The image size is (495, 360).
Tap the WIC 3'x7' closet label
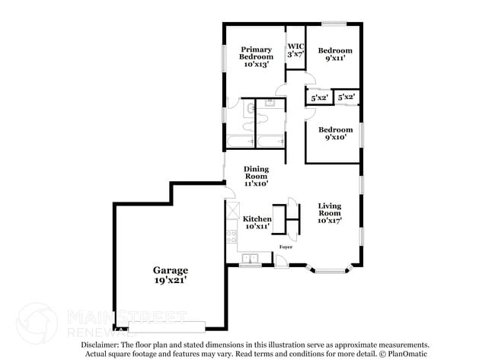click(x=295, y=50)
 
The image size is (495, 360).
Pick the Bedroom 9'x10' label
click(x=335, y=133)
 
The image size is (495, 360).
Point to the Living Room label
click(x=329, y=210)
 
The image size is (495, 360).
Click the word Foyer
click(x=286, y=247)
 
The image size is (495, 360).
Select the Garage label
click(x=171, y=270)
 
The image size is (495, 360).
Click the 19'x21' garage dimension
click(x=171, y=281)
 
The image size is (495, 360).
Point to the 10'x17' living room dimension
click(x=329, y=221)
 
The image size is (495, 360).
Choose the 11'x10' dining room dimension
click(x=257, y=183)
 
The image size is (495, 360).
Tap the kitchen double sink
click(x=250, y=260)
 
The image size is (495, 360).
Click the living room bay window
click(x=330, y=268)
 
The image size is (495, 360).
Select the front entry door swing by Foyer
click(x=280, y=260)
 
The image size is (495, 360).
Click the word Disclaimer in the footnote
click(x=103, y=345)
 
